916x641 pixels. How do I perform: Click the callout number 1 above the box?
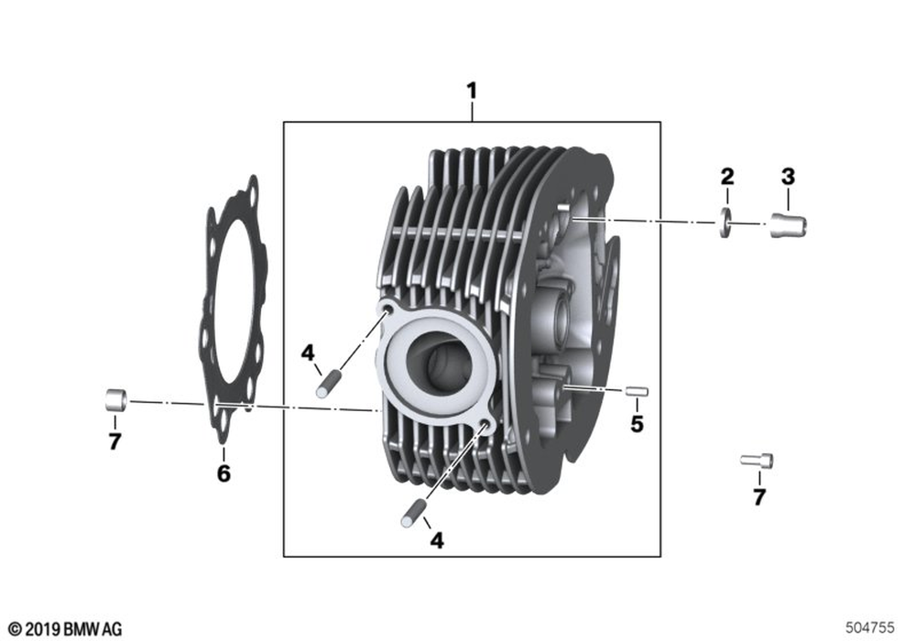pyautogui.click(x=472, y=91)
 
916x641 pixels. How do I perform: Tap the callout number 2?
pyautogui.click(x=727, y=177)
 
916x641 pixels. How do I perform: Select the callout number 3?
pyautogui.click(x=788, y=176)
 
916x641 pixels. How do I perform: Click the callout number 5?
pyautogui.click(x=637, y=424)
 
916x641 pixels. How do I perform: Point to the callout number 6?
pyautogui.click(x=224, y=473)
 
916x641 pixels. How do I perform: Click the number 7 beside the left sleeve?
pyautogui.click(x=114, y=441)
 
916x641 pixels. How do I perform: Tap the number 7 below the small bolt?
pyautogui.click(x=758, y=497)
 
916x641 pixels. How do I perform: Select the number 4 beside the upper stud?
pyautogui.click(x=308, y=353)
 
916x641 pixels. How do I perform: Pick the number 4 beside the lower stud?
pyautogui.click(x=436, y=540)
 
